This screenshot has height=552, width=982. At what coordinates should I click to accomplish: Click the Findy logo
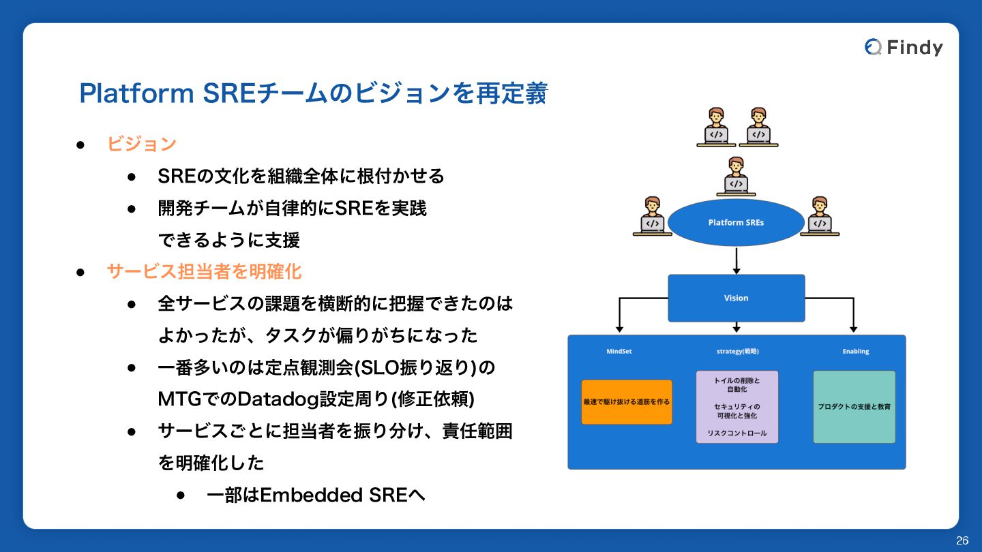904,47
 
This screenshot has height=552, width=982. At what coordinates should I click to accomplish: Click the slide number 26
962,540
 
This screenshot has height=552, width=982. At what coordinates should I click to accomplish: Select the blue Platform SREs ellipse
736,223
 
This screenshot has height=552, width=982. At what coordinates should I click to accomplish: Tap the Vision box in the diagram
736,298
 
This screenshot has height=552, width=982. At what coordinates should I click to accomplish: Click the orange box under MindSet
627,402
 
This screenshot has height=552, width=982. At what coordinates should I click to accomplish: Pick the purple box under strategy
736,407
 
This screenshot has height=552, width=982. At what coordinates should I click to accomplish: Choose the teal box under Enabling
854,407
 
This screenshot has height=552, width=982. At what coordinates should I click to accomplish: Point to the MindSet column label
619,352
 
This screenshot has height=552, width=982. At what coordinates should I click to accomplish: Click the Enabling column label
856,352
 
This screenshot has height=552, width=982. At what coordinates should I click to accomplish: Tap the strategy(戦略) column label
737,352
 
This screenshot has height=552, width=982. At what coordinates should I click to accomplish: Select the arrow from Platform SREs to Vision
736,260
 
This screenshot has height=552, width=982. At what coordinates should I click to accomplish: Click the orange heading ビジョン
142,144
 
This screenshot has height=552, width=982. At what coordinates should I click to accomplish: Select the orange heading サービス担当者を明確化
204,272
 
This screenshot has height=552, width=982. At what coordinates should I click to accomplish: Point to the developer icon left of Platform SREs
653,216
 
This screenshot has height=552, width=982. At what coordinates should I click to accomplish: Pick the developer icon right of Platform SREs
820,216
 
